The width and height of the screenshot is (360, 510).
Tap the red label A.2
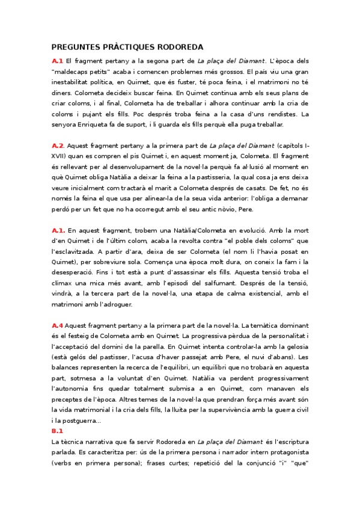coord(58,146)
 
